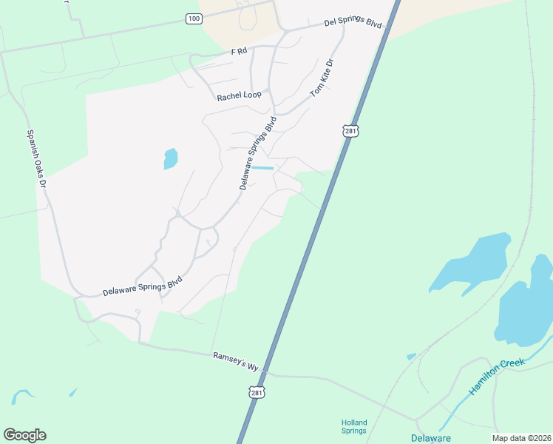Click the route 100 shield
(194, 18)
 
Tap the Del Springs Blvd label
(353, 24)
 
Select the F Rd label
(238, 52)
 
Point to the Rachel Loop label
(239, 96)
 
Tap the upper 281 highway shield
(350, 131)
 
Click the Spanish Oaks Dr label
(37, 158)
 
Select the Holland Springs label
(354, 427)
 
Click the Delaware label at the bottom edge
(431, 438)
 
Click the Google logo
(24, 435)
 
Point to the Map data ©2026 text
(521, 438)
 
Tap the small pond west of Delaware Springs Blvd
(171, 158)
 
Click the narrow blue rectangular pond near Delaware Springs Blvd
(262, 169)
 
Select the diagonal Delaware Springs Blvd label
(258, 153)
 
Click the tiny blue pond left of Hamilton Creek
(411, 357)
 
